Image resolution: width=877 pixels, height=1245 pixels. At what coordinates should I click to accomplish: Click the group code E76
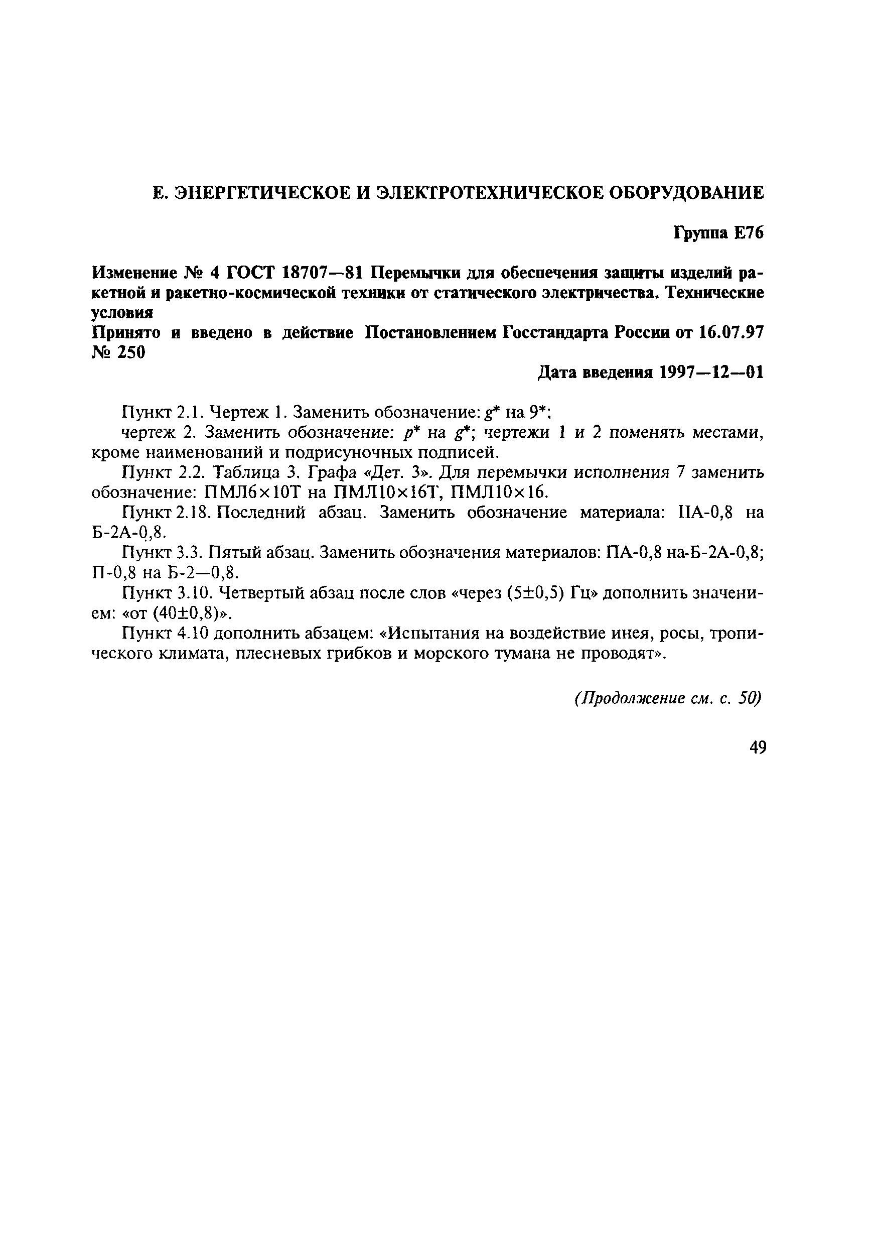click(x=749, y=233)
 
